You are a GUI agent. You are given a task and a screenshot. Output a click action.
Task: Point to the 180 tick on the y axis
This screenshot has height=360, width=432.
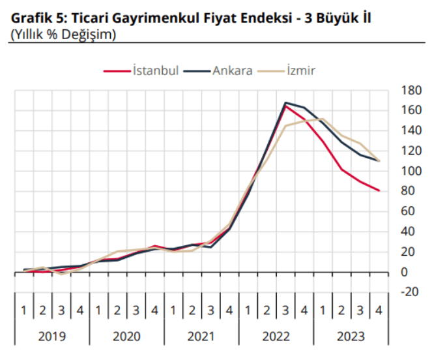click(411, 90)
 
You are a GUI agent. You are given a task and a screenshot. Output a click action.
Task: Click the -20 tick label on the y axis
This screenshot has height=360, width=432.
click(410, 292)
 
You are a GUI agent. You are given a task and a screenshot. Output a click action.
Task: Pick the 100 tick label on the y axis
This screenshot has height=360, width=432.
click(411, 171)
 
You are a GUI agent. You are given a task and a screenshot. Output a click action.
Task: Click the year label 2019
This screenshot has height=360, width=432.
click(51, 337)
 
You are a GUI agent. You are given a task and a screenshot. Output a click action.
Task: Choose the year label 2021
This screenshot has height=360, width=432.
click(201, 337)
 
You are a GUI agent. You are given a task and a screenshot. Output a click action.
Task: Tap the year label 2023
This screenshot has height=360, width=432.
click(351, 337)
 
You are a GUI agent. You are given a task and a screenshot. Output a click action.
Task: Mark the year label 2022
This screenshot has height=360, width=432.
click(276, 337)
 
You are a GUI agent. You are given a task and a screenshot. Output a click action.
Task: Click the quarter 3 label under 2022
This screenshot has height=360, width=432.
click(285, 310)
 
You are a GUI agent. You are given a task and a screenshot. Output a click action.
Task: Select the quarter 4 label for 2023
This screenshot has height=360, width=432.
click(379, 310)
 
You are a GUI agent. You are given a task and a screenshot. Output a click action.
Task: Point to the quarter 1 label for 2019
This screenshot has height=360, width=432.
click(23, 310)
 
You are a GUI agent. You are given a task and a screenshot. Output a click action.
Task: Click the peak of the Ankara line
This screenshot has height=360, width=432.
click(285, 103)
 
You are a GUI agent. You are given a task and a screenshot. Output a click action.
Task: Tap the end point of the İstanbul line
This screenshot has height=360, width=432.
click(379, 190)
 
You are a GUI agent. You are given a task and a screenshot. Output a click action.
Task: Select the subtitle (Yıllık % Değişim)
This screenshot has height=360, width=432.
click(64, 34)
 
